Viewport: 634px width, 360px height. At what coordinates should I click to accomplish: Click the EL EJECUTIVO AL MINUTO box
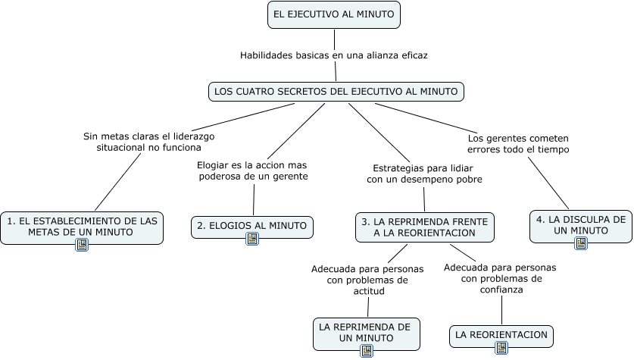(334, 15)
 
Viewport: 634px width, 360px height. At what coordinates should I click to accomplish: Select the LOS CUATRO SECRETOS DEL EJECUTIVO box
(336, 92)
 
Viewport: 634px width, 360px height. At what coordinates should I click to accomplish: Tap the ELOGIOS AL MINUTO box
(251, 225)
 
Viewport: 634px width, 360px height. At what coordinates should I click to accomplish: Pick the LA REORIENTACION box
(501, 334)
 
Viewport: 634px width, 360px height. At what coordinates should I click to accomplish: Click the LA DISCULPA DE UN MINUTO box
(580, 224)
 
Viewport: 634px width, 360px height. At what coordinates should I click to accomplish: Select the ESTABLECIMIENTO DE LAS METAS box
(82, 226)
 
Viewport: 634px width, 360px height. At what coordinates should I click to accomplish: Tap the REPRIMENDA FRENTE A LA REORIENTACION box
(424, 227)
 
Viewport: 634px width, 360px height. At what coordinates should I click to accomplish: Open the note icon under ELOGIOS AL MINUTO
(253, 239)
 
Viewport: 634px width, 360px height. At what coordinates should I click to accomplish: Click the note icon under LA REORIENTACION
(501, 348)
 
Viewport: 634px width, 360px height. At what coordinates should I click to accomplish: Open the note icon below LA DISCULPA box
(581, 243)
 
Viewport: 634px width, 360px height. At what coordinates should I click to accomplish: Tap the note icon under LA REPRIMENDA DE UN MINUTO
(367, 351)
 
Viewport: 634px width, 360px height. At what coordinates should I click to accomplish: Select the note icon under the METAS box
(82, 245)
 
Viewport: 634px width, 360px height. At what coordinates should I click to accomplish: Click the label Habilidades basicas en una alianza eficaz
(333, 55)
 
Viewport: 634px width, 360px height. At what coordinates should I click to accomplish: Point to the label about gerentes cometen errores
(518, 144)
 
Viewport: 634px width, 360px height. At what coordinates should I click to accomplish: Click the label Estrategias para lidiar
(424, 174)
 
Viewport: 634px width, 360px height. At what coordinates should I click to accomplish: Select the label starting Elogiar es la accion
(252, 171)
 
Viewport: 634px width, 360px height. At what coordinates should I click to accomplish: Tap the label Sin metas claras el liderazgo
(149, 142)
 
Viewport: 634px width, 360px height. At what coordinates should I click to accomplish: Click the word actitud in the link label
(367, 290)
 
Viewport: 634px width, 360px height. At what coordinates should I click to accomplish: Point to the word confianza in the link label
(500, 289)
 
